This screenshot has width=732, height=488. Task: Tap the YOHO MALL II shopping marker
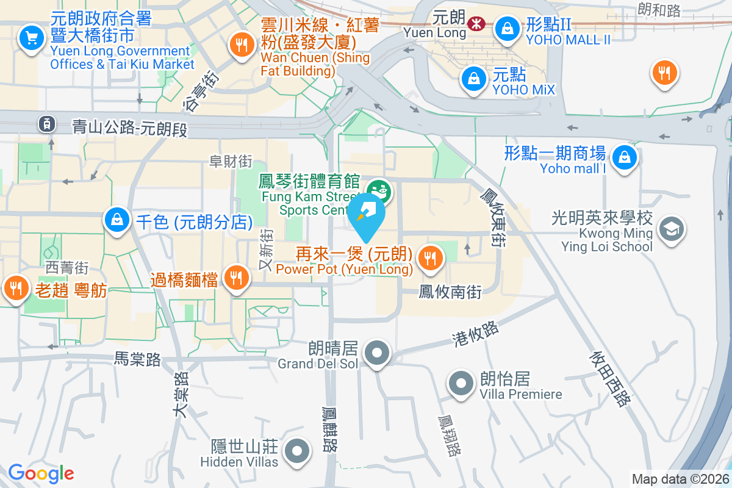tap(506, 26)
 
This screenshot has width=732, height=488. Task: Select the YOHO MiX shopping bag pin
tap(473, 77)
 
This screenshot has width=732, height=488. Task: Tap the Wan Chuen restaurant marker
tap(242, 44)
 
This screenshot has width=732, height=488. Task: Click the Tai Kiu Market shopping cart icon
tap(30, 38)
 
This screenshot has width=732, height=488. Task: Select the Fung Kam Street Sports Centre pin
tap(379, 190)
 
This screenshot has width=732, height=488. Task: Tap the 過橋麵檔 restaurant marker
tap(235, 278)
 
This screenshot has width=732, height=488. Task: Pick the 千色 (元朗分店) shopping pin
tap(116, 218)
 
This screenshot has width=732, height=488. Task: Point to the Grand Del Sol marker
tap(378, 353)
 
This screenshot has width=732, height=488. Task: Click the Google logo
tap(41, 473)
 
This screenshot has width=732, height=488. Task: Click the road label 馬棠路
tap(137, 360)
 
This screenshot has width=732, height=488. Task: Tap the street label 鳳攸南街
tap(450, 292)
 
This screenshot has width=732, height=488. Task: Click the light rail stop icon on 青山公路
tap(46, 124)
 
